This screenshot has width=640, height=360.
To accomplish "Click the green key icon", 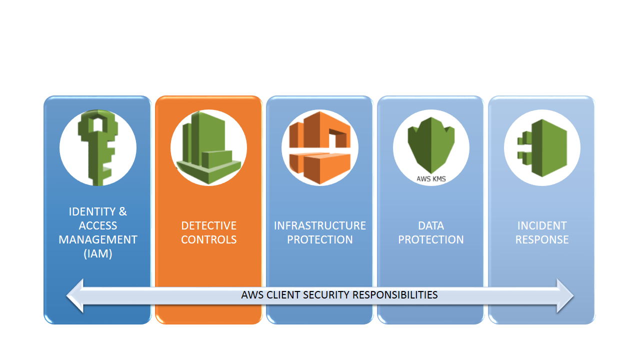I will pyautogui.click(x=96, y=148).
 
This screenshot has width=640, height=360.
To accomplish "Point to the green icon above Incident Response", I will pyautogui.click(x=543, y=148).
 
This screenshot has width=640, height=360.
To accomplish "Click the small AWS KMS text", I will pyautogui.click(x=431, y=178).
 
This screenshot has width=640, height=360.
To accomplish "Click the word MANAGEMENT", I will pyautogui.click(x=98, y=239).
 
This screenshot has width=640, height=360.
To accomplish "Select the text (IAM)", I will pyautogui.click(x=98, y=253).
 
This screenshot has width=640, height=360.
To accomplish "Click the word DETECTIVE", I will pyautogui.click(x=208, y=225).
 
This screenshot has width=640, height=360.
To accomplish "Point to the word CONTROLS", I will pyautogui.click(x=208, y=239).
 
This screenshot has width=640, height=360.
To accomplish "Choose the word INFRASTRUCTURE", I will pyautogui.click(x=319, y=225).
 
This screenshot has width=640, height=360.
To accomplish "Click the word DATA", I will pyautogui.click(x=431, y=225).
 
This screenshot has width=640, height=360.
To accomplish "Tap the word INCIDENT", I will pyautogui.click(x=542, y=225).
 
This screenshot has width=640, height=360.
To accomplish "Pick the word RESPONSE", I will pyautogui.click(x=542, y=239).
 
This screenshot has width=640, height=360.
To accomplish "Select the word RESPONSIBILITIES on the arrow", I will pyautogui.click(x=395, y=295).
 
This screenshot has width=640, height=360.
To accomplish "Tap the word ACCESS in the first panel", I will pyautogui.click(x=98, y=225).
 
